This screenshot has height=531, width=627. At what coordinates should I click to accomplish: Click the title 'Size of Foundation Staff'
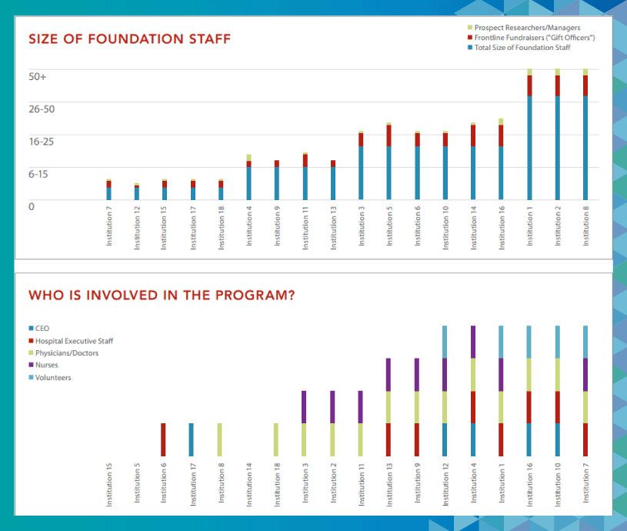point(129,39)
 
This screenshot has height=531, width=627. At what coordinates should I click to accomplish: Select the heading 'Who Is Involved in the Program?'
point(162,296)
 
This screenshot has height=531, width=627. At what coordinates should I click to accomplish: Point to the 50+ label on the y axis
point(38,77)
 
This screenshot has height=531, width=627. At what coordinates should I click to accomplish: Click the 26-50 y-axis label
point(42,109)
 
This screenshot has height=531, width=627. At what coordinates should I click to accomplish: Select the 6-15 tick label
point(38,174)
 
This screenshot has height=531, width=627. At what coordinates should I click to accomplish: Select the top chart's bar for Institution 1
point(529,135)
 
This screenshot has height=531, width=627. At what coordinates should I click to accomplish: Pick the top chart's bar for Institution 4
point(248,177)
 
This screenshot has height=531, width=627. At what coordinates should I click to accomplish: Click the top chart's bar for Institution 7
point(108,189)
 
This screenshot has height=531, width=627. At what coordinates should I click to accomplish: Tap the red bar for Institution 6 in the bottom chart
point(163,439)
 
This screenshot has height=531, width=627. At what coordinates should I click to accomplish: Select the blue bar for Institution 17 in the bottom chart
point(192,439)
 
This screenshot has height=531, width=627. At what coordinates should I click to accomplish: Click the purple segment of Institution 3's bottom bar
point(304,406)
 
